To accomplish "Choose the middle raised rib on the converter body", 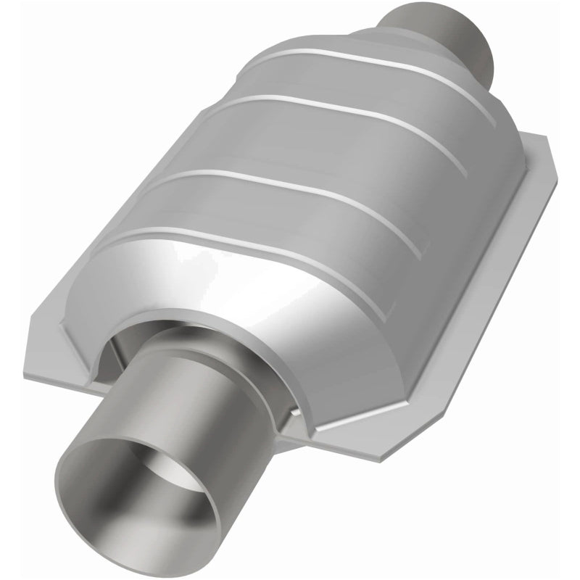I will pos(319,127).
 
